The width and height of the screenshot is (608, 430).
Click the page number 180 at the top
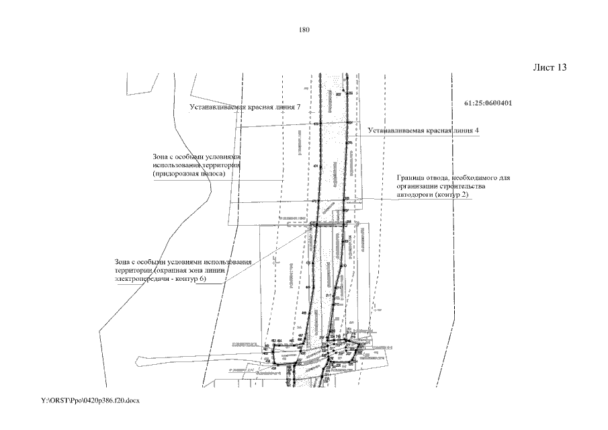[x=304, y=30]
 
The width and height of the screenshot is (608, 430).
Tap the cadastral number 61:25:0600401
[x=488, y=103]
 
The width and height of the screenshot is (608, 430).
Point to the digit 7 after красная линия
[x=298, y=107]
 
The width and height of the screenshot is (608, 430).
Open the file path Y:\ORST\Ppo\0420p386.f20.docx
[x=89, y=400]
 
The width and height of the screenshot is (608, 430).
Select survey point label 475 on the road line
[x=315, y=124]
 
